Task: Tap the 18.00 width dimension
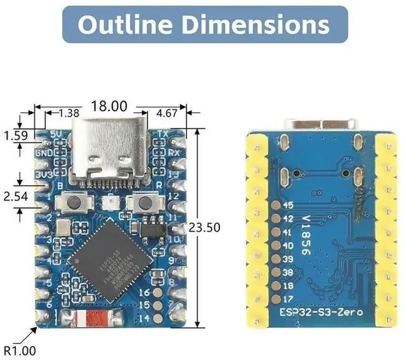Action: click(x=110, y=106)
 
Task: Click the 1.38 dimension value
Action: click(x=69, y=113)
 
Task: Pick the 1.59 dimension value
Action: click(x=15, y=136)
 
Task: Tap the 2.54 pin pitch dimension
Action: click(x=15, y=196)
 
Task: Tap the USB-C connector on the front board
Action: click(x=110, y=153)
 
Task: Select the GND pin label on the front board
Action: click(x=44, y=152)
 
